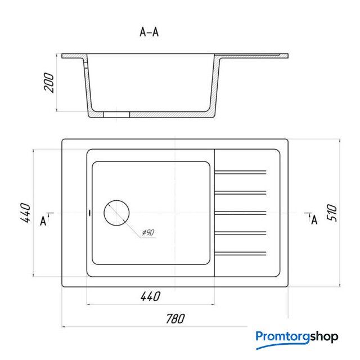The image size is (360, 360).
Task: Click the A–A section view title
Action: click(149, 32)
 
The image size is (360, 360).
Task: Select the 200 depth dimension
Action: click(49, 83)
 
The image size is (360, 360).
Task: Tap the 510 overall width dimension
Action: click(332, 213)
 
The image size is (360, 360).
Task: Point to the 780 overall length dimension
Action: click(175, 319)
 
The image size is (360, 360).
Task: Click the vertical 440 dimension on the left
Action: click(25, 213)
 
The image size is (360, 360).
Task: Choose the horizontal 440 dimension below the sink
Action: click(150, 296)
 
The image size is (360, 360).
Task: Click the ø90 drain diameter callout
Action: click(148, 232)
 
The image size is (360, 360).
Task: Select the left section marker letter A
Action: click(43, 221)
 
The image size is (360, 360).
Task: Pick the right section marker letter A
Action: click(314, 220)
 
